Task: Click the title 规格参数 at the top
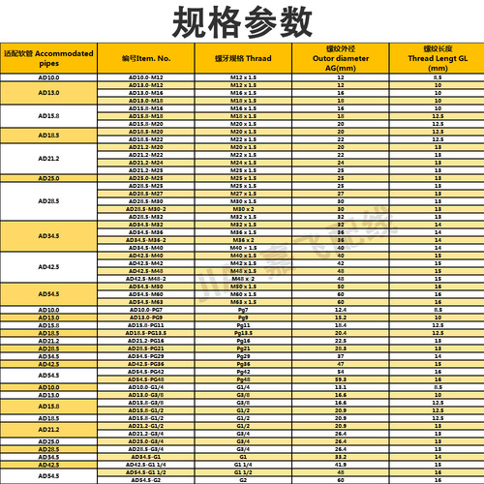242,20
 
